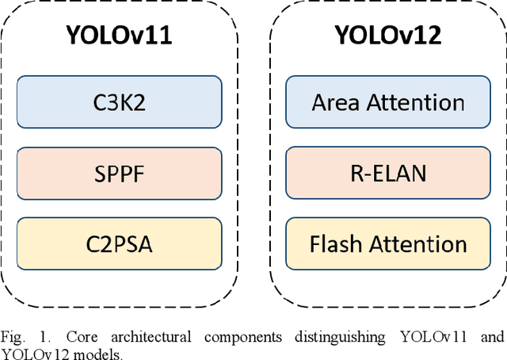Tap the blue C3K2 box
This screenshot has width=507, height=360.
[118, 102]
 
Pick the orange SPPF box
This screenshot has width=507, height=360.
[118, 172]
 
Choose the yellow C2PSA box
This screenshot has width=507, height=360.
[118, 243]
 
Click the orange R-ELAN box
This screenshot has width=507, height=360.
[387, 172]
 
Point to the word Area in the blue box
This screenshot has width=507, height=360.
[336, 102]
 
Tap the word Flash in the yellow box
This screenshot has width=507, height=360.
[337, 243]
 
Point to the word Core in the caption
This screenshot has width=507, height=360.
[67, 337]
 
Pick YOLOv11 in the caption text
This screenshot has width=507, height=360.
[430, 337]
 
